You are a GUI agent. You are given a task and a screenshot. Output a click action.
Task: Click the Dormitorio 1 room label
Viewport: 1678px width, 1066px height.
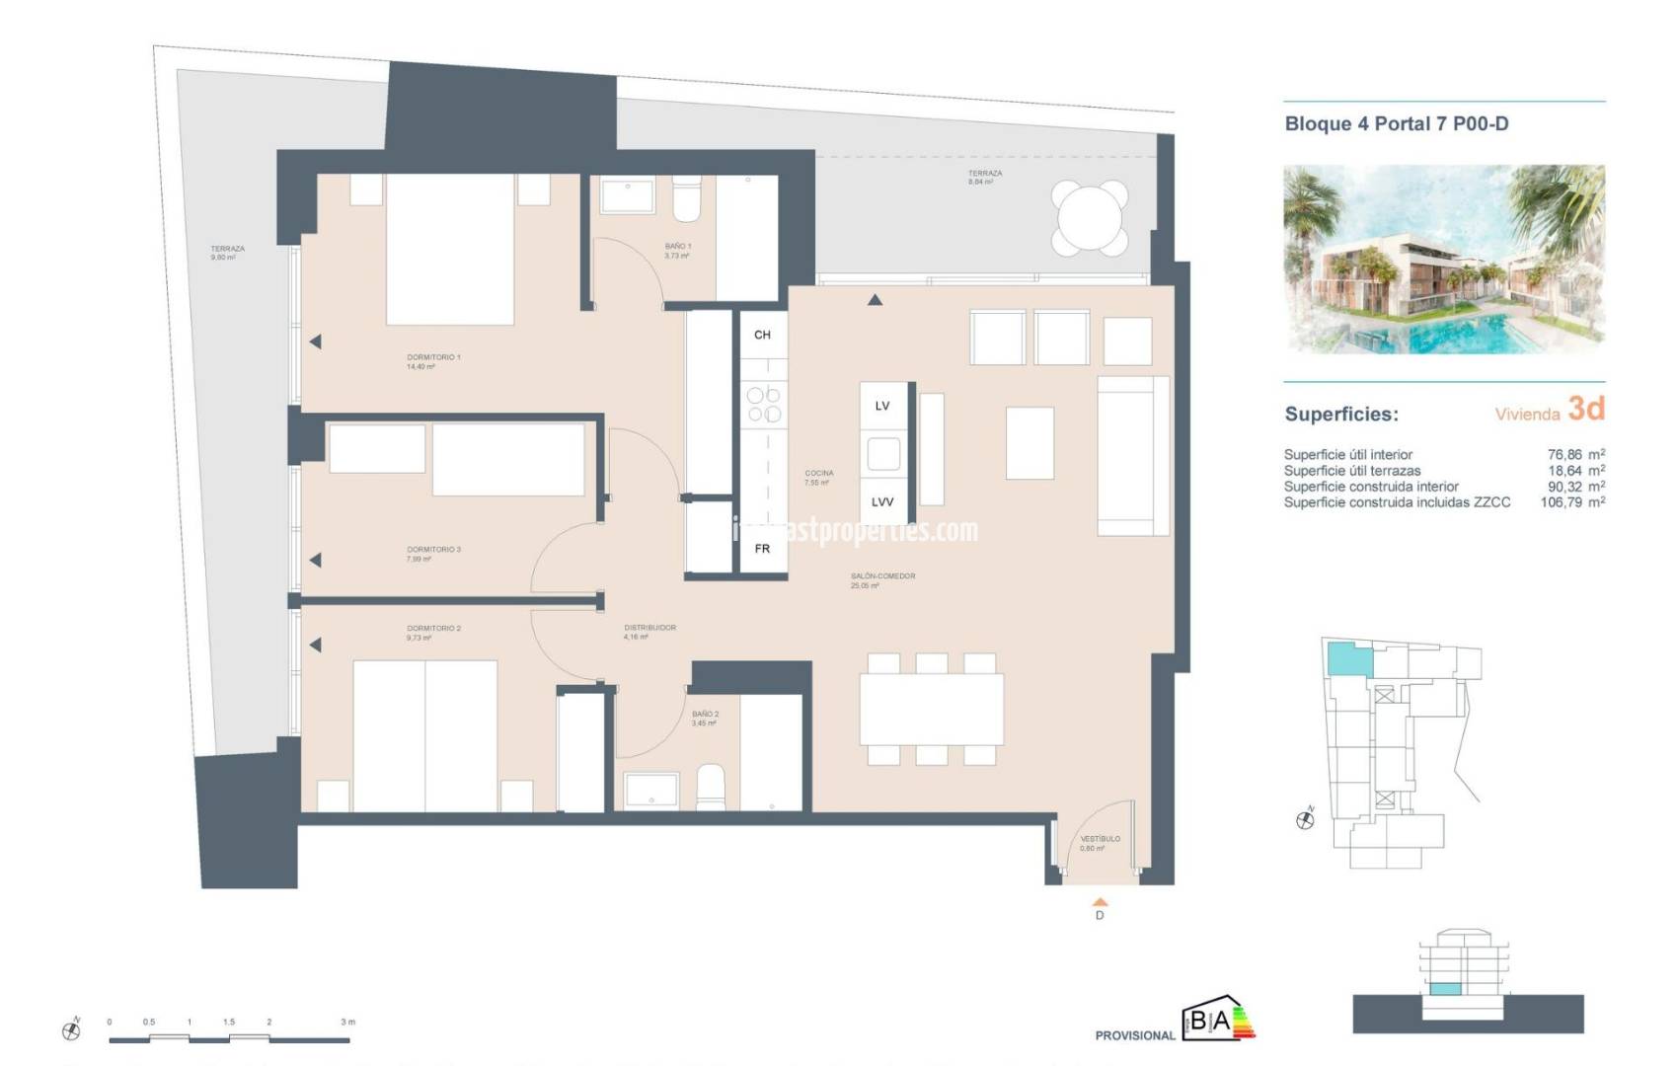point(433,361)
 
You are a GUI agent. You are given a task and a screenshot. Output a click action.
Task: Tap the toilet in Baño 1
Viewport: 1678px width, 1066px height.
point(686,199)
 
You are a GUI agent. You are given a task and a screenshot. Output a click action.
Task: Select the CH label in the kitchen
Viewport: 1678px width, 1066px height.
point(762,335)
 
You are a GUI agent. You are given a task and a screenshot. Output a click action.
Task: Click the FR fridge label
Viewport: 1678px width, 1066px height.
point(762,549)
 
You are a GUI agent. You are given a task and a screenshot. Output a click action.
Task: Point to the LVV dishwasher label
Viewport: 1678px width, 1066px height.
point(882,502)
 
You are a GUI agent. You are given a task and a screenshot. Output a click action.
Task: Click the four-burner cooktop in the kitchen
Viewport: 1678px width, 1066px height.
point(764,405)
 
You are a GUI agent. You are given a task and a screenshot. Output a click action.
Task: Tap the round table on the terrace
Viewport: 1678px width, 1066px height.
point(1090,217)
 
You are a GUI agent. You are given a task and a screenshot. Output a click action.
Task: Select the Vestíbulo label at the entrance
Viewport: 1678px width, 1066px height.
point(1100,843)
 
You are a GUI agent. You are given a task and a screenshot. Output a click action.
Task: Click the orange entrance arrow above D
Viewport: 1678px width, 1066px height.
point(1100,901)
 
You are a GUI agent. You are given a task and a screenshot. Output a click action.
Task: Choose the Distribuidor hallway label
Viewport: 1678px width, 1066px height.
point(649,632)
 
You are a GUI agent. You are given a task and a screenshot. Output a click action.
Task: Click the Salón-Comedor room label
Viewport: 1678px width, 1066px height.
point(882,580)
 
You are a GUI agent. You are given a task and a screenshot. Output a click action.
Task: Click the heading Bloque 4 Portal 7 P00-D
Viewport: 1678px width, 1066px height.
point(1396,124)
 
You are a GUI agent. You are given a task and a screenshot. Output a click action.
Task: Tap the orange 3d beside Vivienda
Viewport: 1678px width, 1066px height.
point(1586,409)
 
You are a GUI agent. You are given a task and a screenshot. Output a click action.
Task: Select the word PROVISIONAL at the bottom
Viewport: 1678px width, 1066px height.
point(1135,1035)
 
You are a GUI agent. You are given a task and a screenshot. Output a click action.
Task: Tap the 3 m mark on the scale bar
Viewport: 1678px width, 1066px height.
point(347,1023)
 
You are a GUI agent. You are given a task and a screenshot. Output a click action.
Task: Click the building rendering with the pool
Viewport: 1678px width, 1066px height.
point(1443,259)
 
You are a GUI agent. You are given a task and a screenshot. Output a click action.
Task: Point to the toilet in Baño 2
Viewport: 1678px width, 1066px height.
point(711,787)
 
